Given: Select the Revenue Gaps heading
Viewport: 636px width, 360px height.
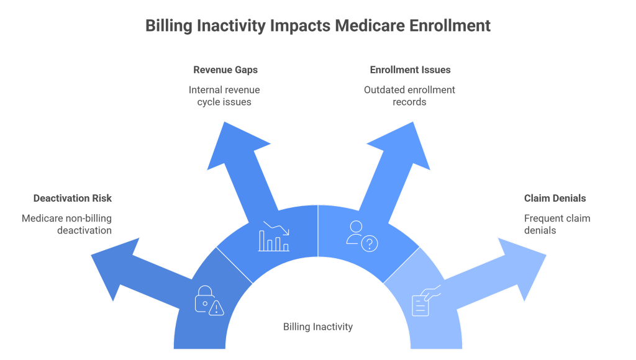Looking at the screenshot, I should (224, 70).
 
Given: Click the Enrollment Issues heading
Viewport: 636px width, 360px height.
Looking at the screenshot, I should (410, 70).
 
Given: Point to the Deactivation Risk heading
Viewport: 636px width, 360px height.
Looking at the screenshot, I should (73, 199).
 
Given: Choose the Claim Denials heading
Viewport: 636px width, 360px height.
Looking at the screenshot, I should (555, 199).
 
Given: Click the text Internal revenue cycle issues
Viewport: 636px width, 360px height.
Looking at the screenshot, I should (224, 96).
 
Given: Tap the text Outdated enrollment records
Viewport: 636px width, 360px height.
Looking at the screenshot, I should (409, 96).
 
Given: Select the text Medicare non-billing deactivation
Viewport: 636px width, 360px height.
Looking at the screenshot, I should (67, 224).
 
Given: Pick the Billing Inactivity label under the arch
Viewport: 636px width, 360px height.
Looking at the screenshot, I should (318, 326).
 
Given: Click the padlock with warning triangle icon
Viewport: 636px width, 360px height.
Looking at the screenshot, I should (209, 300).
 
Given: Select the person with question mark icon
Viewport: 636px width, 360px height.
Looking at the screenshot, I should (362, 236).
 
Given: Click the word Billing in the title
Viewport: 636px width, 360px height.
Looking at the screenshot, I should (172, 27).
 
